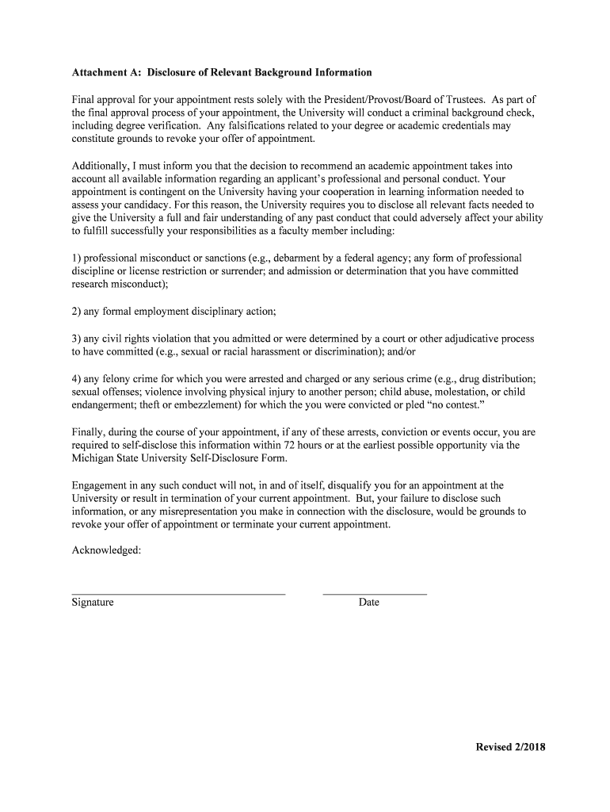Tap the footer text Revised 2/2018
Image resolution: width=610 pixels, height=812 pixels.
click(510, 747)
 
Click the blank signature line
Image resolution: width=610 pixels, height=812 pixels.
click(178, 593)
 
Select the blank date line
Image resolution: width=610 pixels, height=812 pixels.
click(375, 593)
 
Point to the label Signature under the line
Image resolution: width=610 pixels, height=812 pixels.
click(93, 603)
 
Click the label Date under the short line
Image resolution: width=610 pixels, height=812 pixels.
click(368, 603)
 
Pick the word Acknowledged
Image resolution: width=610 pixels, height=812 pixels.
click(106, 550)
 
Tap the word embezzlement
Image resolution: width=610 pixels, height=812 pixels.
click(196, 404)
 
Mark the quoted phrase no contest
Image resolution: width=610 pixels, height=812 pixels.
click(451, 404)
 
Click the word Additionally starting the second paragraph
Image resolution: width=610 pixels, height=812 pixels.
click(102, 166)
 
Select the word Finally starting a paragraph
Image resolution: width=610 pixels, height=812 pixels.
click(89, 432)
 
